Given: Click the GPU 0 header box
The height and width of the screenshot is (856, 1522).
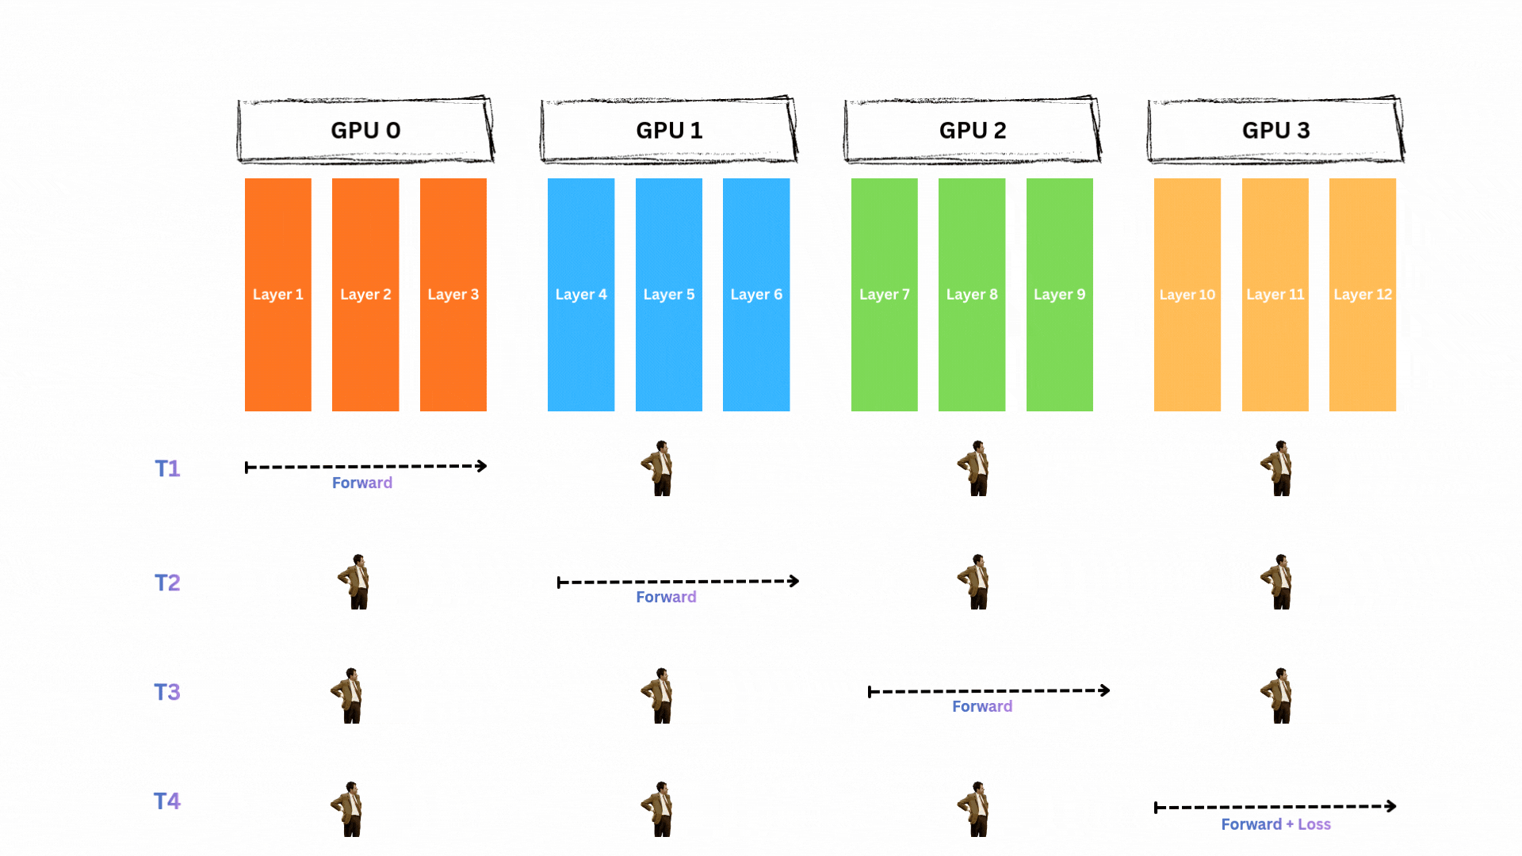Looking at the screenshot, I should [x=365, y=130].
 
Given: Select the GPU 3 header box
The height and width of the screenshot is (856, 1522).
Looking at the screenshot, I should [x=1275, y=130].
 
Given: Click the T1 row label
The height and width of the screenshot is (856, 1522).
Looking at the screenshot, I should [x=167, y=468].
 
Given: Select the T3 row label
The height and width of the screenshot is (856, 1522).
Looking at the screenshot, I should [x=167, y=692].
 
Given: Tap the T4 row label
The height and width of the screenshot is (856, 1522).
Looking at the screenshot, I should [x=167, y=801].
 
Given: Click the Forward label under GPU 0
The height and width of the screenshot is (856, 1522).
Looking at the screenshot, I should [x=362, y=483].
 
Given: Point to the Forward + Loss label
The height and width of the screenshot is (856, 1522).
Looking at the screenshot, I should [x=1275, y=824].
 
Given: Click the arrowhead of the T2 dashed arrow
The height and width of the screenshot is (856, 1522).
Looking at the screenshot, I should [x=794, y=581].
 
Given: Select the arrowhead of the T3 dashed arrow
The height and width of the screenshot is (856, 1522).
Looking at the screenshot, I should [x=1104, y=690].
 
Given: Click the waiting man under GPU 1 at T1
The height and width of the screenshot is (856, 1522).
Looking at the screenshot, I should [x=660, y=468].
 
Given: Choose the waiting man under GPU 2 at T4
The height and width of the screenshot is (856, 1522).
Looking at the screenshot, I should [x=976, y=809].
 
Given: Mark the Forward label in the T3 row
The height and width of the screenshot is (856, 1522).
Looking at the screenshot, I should [x=982, y=706].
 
